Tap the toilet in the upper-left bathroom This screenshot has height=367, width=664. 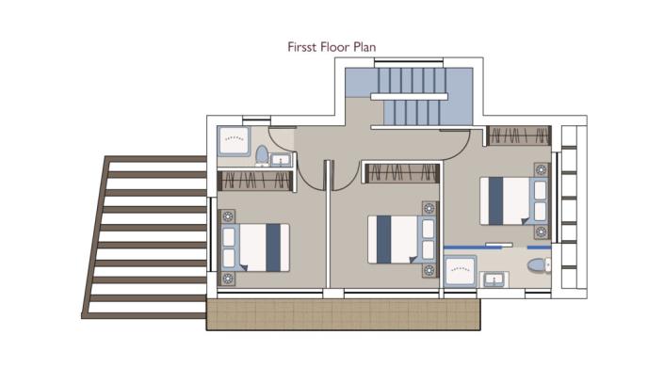(x=262, y=153)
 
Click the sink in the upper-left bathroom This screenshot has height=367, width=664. (x=281, y=159)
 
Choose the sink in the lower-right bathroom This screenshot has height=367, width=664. (x=494, y=279)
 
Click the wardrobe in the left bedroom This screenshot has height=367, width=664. (x=255, y=180)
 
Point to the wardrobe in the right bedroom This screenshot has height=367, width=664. (x=519, y=136)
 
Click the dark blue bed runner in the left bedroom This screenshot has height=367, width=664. (x=273, y=247)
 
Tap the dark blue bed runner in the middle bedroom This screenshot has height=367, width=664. (x=383, y=240)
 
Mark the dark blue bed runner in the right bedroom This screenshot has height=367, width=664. (x=495, y=201)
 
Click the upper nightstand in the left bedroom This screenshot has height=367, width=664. (x=227, y=218)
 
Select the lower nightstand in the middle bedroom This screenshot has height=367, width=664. (x=429, y=270)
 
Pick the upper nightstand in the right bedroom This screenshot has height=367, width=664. (x=541, y=170)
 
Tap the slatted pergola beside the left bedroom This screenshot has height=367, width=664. (x=146, y=235)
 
